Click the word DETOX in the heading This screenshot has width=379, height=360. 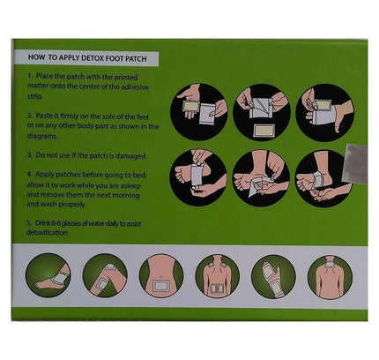tap(93, 58)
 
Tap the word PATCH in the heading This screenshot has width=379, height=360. tap(136, 58)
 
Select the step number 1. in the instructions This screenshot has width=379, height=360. tap(31, 76)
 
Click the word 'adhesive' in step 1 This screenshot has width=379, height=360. tap(135, 87)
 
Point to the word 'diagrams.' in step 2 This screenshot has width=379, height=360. tap(42, 136)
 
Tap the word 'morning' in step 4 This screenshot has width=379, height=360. tap(126, 195)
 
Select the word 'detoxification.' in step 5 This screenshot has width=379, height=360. tap(48, 232)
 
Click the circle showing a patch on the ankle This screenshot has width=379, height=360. tap(48, 276)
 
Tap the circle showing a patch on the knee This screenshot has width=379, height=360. tap(105, 276)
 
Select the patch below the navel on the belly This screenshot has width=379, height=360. tap(161, 286)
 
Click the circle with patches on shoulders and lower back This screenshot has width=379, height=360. tap(218, 276)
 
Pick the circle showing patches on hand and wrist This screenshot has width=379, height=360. tap(273, 277)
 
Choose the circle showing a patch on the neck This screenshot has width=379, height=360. tap(330, 277)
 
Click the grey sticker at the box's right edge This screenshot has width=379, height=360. tap(355, 163)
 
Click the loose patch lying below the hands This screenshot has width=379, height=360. tap(264, 131)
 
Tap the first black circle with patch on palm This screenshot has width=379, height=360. tap(199, 112)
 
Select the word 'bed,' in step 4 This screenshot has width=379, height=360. tap(139, 175)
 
